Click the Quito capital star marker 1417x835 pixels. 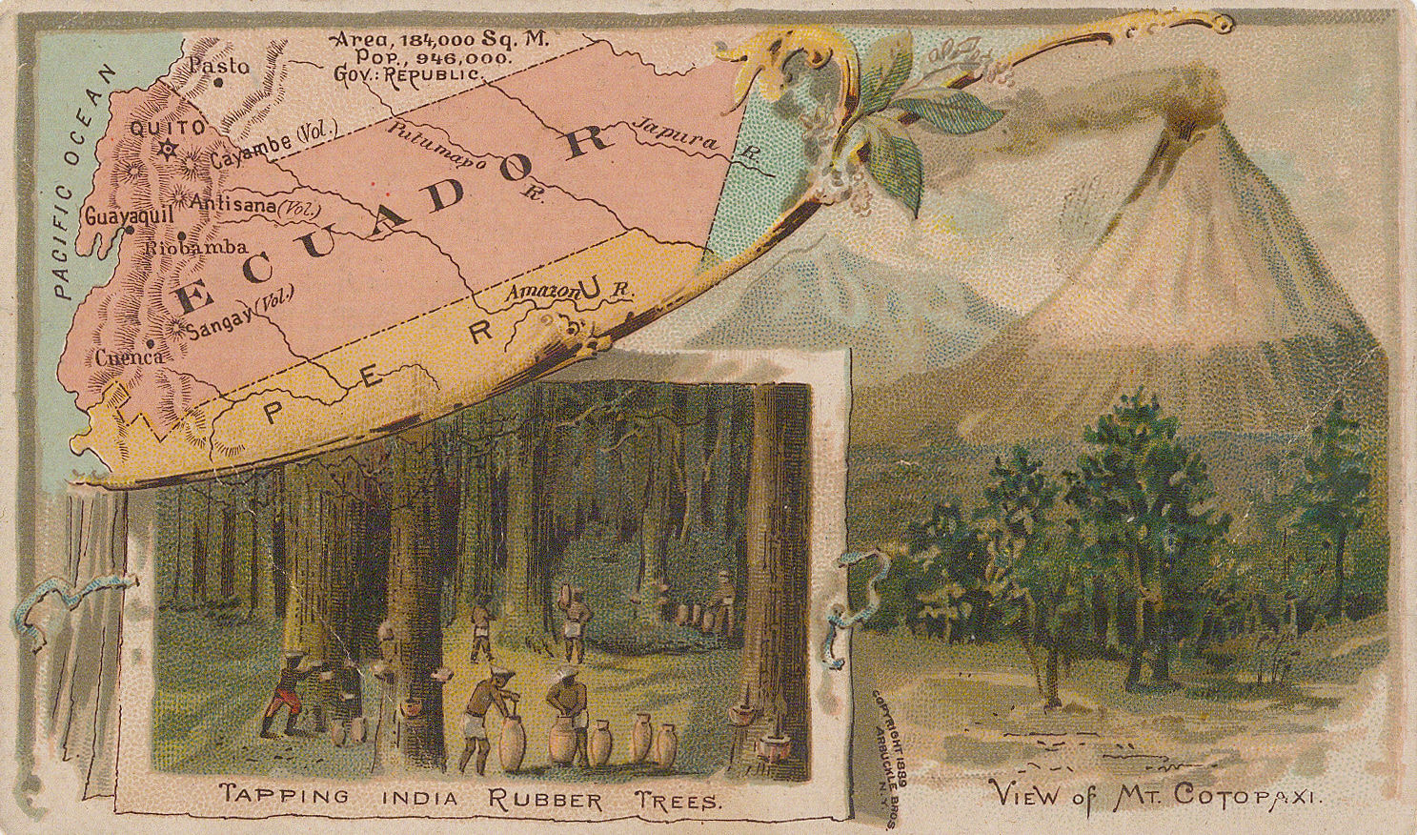169,149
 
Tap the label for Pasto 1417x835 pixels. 218,66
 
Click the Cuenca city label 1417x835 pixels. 130,357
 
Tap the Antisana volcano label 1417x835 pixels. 254,204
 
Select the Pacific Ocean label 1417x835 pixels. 83,181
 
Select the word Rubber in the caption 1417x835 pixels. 546,797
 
